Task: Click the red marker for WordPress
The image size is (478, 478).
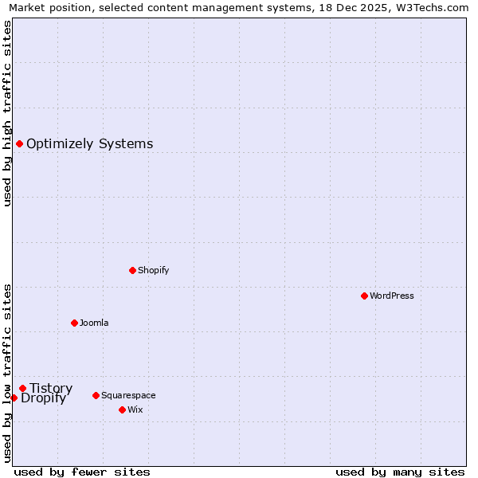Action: [x=364, y=296]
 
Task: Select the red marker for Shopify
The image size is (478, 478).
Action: [x=132, y=270]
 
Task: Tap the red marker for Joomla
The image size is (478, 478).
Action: [x=74, y=323]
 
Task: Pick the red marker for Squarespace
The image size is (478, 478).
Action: [x=96, y=395]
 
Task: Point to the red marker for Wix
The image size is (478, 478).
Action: [x=122, y=409]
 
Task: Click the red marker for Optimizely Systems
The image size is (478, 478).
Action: [x=19, y=143]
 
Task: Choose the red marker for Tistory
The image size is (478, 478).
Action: [x=22, y=388]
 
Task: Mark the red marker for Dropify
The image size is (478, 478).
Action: [x=14, y=398]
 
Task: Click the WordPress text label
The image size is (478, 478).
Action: [x=392, y=296]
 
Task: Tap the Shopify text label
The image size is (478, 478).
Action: [x=154, y=270]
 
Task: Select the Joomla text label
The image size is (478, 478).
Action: [x=94, y=323]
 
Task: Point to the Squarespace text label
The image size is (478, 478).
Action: [x=128, y=395]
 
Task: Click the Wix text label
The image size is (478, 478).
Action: [x=135, y=409]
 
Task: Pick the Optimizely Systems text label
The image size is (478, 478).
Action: [x=90, y=144]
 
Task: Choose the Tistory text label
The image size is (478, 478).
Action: [x=51, y=389]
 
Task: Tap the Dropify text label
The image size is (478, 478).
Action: [x=43, y=398]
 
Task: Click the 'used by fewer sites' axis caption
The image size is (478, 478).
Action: [x=82, y=472]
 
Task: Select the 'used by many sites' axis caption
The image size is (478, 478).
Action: [x=400, y=472]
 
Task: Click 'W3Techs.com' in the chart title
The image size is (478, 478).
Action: [x=433, y=7]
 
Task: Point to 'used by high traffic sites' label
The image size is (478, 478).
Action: [x=7, y=113]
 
